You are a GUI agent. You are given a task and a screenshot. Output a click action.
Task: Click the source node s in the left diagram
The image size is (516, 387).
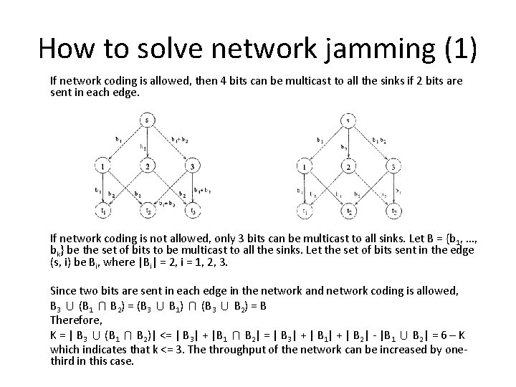(146, 120)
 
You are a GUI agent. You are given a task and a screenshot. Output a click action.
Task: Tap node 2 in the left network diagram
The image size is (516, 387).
(146, 167)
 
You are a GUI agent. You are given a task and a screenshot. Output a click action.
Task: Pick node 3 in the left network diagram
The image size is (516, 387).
(191, 167)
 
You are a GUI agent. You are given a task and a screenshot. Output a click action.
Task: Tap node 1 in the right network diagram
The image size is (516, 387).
(305, 167)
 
